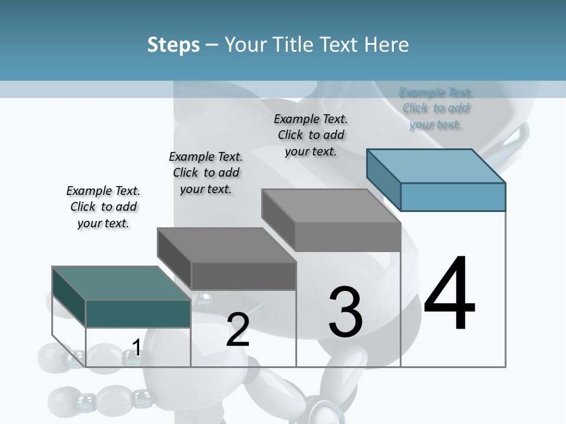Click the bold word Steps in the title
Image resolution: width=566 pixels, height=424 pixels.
173,45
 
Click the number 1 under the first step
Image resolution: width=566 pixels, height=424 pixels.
136,348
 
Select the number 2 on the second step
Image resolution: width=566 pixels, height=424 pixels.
238,330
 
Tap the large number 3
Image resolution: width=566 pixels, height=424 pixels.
345,312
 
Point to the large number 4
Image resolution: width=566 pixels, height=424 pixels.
449,294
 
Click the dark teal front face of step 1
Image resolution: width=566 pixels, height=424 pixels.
138,313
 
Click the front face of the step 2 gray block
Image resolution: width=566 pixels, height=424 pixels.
243,276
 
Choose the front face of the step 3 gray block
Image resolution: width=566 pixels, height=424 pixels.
348,237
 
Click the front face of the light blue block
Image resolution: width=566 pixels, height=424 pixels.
453,197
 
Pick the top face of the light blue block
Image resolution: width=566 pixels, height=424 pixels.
436,165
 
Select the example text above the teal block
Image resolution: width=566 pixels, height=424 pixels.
103,207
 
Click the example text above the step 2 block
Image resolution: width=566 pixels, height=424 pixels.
206,173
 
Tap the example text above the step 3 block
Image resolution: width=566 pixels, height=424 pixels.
311,135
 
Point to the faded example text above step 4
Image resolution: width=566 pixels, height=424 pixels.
436,108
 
